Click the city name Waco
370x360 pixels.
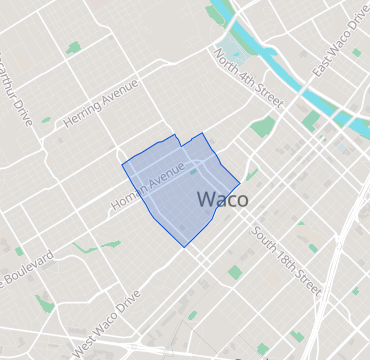[x=223, y=199]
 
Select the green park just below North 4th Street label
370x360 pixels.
[x=263, y=127]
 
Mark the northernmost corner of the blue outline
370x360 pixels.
[x=203, y=133]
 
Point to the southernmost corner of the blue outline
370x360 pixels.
[x=183, y=246]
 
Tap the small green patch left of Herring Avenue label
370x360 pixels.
[x=46, y=120]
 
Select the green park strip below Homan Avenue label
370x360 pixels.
[x=111, y=243]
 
